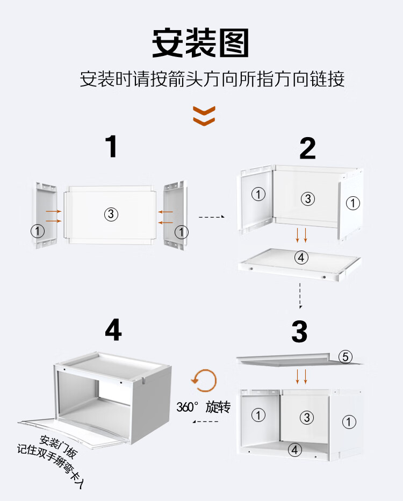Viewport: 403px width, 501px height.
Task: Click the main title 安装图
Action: click(x=200, y=43)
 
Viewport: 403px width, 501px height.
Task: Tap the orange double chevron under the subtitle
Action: click(x=204, y=116)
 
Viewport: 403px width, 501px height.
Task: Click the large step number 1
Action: click(x=112, y=146)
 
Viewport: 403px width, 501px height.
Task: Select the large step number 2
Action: click(x=307, y=148)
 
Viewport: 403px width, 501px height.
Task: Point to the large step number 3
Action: click(x=299, y=332)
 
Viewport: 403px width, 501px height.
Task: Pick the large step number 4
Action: click(x=113, y=330)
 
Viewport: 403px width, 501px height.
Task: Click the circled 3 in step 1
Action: click(x=111, y=214)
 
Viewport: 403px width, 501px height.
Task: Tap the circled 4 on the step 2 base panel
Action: click(x=301, y=257)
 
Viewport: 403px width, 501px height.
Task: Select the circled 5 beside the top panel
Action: click(x=345, y=356)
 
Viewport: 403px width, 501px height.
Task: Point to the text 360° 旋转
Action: click(x=204, y=407)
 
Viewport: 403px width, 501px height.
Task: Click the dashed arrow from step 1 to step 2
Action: click(x=212, y=217)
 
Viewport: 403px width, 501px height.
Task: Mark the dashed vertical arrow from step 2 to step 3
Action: click(x=300, y=296)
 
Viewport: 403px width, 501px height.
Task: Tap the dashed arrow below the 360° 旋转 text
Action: click(x=205, y=422)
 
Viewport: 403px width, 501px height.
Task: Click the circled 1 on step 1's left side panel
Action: click(x=38, y=231)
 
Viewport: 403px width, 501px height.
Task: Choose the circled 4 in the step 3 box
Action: click(x=295, y=450)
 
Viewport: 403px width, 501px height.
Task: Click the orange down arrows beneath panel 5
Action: click(x=301, y=376)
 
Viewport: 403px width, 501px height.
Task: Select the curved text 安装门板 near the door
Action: click(x=59, y=446)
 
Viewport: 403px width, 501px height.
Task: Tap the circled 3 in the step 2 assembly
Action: click(x=308, y=199)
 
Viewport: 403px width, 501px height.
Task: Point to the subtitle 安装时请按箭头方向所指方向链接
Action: click(x=212, y=78)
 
